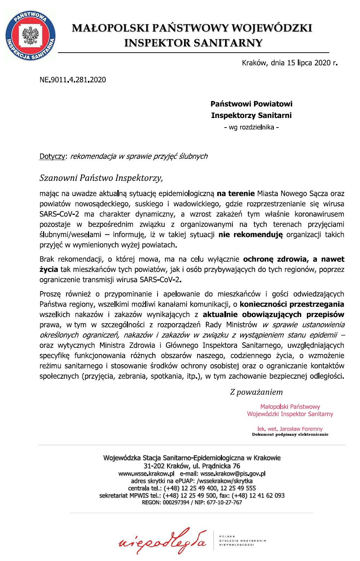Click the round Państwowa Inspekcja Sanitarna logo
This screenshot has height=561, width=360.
pos(30,36)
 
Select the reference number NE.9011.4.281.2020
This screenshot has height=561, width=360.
pos(73,80)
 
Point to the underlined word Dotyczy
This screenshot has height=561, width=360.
pos(52,156)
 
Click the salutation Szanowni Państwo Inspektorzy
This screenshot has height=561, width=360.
pos(101,178)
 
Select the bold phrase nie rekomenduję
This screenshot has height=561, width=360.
pos(250,235)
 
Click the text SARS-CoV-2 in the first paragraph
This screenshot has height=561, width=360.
pos(59,214)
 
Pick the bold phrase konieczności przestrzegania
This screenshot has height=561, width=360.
pos(292,304)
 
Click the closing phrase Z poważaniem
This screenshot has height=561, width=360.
pos(256,392)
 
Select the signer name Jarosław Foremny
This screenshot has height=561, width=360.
pos(301,429)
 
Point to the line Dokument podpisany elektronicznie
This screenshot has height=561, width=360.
pos(290,435)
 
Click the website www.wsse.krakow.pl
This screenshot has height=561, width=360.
pos(146,473)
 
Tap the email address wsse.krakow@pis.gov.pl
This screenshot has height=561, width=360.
pos(233,473)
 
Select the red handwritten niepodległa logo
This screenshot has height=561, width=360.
pos(163,541)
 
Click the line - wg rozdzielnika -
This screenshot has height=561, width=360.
pos(251,127)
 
